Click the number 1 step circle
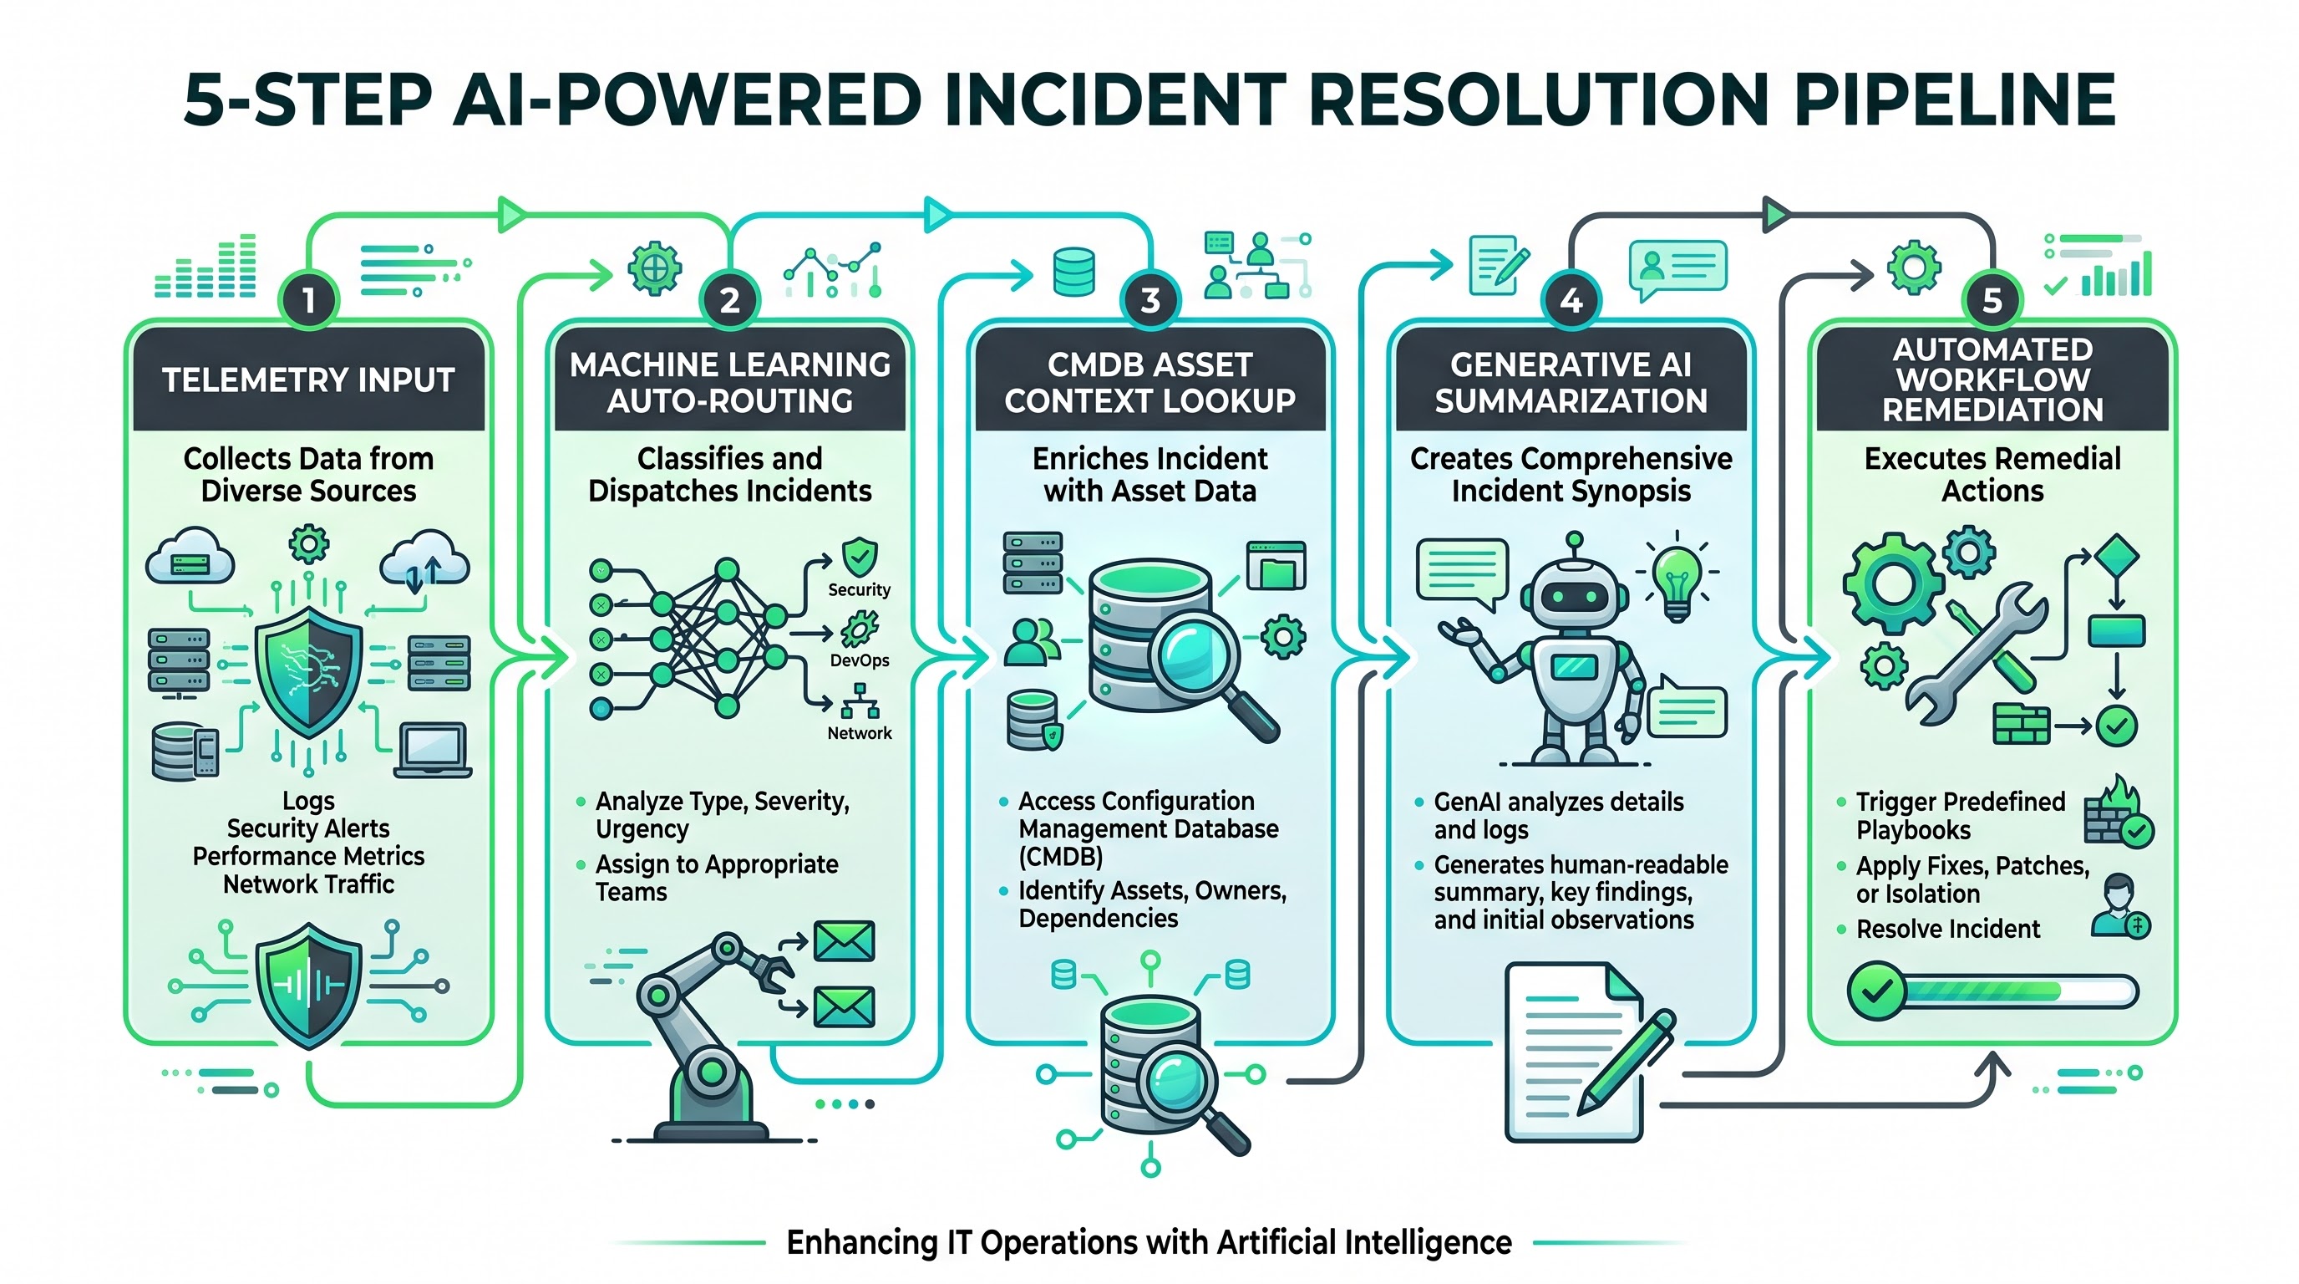308,300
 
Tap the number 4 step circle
1571,300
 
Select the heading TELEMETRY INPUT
309,380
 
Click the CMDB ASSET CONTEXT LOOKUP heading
1149,383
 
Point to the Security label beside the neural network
859,589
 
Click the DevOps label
860,660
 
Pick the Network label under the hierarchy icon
860,733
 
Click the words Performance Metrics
309,856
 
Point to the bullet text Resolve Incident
1947,930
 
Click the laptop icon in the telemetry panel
433,750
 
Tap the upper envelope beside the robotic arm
845,941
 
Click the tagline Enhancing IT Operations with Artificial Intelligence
1149,1242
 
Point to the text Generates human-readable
1581,865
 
